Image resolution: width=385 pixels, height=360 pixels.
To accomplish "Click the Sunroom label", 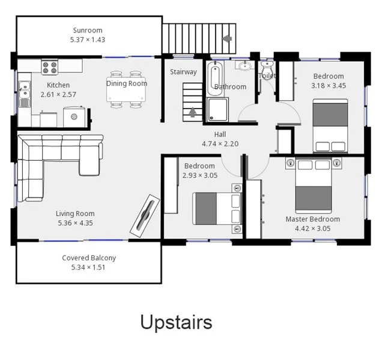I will pos(88,30).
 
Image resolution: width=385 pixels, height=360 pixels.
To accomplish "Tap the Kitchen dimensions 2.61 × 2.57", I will pos(58,95).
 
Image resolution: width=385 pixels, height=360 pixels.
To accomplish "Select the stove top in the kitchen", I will pos(49,66).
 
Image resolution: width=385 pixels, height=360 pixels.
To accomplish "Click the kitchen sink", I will pos(24,92).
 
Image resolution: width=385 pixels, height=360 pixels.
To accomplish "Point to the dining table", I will pos(127,89).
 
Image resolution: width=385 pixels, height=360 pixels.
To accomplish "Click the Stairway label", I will pos(183,72).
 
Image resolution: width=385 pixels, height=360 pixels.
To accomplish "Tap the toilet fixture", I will pos(267,67).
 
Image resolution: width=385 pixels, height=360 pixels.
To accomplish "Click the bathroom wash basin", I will pos(244,65).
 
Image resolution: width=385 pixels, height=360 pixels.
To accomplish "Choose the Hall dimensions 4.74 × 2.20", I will pos(220,144).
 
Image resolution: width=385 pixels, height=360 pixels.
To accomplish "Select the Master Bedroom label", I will pos(312,219).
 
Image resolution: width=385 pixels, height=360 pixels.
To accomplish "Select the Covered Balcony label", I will pos(89,258).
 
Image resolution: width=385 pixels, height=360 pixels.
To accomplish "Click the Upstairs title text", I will pos(176,322).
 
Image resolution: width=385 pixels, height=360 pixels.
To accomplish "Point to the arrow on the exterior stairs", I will pos(227,38).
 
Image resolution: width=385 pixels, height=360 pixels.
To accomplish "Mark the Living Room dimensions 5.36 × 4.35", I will pos(75,223).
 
